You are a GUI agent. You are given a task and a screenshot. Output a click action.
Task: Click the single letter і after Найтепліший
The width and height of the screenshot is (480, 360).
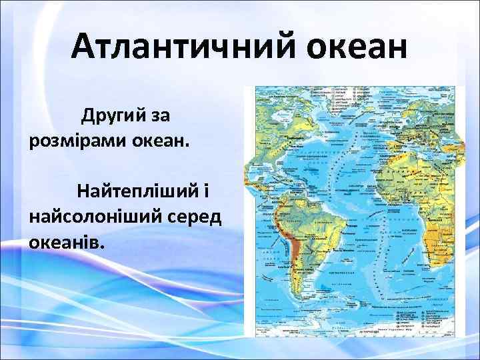207,192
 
